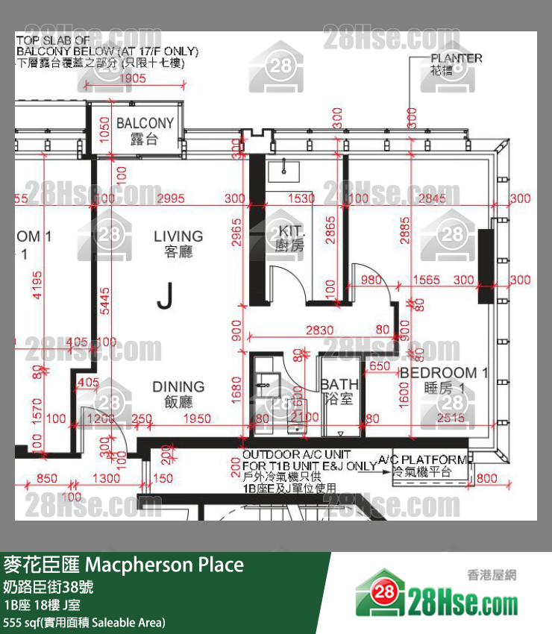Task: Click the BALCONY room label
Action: coord(145,123)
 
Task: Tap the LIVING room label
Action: coord(178,237)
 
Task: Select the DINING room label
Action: coord(178,386)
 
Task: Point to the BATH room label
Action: coord(339,384)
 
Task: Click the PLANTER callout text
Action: coord(456,58)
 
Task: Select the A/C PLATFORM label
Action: coord(422,460)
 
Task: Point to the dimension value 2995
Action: coord(181,198)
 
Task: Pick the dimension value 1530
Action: coord(301,198)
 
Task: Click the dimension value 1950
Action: coord(197,419)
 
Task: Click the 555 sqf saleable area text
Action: coord(84,622)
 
